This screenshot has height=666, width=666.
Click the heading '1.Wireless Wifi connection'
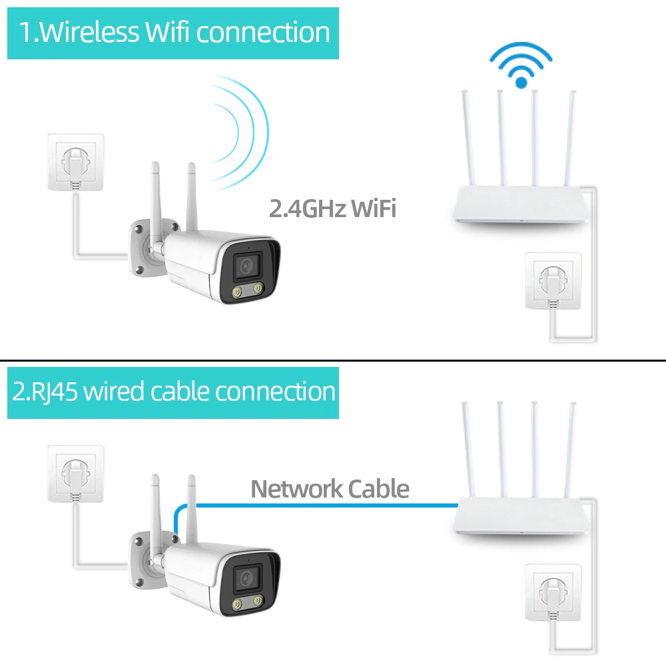pyautogui.click(x=173, y=33)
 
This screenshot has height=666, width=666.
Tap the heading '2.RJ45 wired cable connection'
pyautogui.click(x=173, y=392)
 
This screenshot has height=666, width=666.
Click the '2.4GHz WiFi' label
pyautogui.click(x=332, y=208)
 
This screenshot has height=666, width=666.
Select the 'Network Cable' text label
pyautogui.click(x=330, y=490)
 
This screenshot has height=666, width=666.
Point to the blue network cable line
pyautogui.click(x=320, y=504)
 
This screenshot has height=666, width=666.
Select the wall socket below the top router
pyautogui.click(x=553, y=280)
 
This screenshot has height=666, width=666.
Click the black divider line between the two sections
pyautogui.click(x=333, y=360)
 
